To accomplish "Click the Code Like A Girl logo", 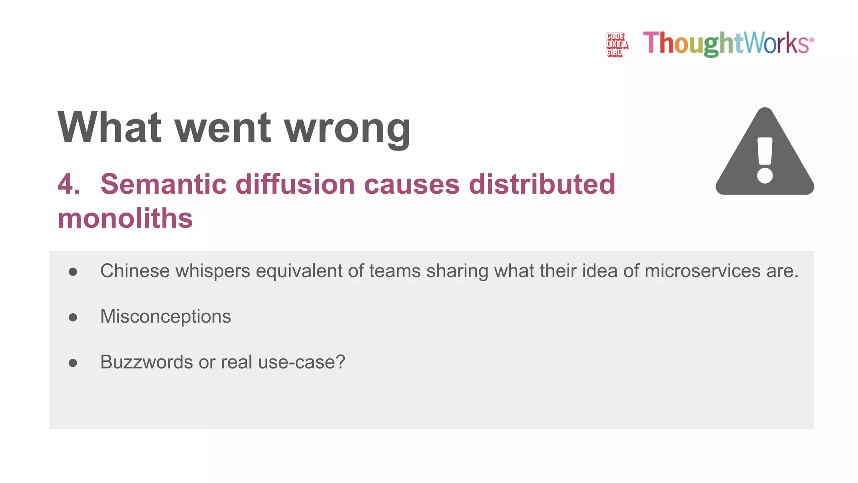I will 616,44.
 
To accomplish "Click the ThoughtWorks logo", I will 728,43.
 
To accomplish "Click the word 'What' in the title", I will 109,127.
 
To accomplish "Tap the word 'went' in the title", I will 222,128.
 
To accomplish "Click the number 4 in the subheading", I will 69,184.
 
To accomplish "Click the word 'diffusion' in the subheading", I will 295,184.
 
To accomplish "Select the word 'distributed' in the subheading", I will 542,184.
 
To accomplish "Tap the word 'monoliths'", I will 125,218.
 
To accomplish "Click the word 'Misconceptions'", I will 165,317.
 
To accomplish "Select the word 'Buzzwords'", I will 146,362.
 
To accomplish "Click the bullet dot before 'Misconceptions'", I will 73,317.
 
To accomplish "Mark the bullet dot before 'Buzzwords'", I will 73,363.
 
